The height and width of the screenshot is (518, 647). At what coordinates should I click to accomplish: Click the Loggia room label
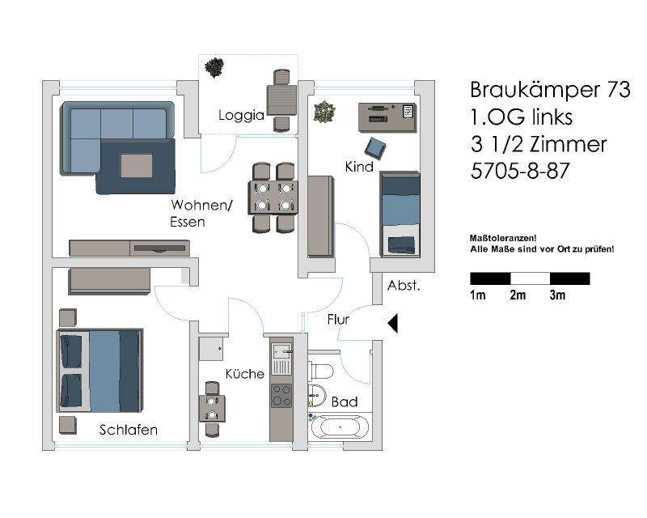241,116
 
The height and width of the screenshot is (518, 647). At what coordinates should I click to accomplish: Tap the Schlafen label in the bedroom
128,430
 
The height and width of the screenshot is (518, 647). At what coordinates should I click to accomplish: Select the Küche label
244,374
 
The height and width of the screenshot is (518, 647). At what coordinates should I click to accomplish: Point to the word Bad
345,402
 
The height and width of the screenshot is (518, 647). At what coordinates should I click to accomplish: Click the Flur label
338,320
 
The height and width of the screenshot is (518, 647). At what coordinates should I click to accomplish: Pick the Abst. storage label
403,286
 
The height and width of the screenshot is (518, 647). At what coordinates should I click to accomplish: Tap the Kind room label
358,167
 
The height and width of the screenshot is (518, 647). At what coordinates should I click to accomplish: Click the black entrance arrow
394,324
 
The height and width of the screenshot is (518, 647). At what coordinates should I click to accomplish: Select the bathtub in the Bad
340,427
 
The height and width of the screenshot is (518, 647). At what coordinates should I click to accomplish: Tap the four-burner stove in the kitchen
281,395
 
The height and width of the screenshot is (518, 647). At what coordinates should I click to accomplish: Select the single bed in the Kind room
400,214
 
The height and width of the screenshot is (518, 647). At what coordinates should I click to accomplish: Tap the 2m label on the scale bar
518,295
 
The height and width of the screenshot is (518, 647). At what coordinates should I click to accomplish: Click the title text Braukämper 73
549,91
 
